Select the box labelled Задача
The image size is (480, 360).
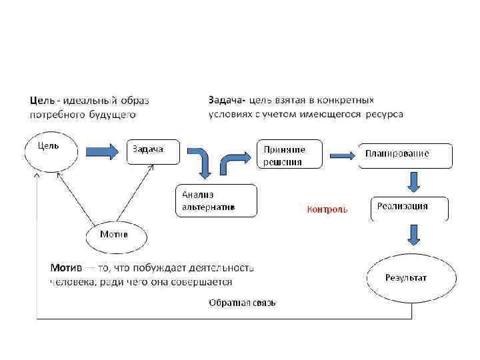[153, 151]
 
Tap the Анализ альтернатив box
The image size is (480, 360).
[216, 201]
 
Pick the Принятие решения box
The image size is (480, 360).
[289, 156]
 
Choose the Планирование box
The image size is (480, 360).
[405, 154]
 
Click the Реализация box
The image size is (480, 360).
[409, 208]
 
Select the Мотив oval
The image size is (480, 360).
[116, 236]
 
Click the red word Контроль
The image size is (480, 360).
[327, 209]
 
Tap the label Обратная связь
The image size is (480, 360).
[242, 303]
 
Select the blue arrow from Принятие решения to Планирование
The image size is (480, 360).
[342, 155]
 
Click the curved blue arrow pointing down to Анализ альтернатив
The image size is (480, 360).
[201, 162]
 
